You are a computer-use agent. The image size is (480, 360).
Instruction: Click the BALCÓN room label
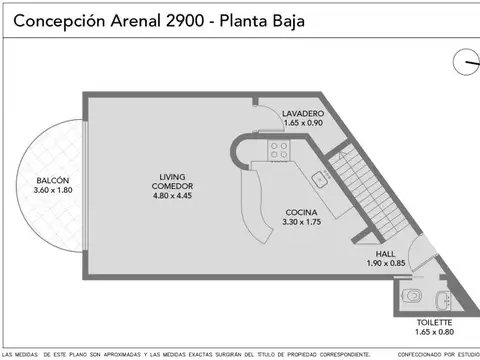[53, 181]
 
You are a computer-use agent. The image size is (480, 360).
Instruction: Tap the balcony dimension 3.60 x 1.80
[53, 190]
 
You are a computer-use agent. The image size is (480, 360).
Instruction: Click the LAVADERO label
[302, 114]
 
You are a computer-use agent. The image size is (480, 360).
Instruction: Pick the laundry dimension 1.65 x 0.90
[302, 124]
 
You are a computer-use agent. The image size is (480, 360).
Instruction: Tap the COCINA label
[301, 212]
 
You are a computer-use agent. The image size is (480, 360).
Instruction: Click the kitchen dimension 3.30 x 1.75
[301, 222]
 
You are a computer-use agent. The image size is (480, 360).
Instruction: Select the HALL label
[371, 253]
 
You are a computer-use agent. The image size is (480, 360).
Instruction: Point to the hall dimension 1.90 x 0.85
[371, 263]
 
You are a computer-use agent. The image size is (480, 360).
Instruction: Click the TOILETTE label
[434, 322]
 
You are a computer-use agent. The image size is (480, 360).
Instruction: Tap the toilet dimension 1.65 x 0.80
[434, 332]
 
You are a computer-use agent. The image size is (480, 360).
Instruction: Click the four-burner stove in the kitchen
[278, 150]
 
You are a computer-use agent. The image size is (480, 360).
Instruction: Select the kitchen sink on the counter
[320, 180]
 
